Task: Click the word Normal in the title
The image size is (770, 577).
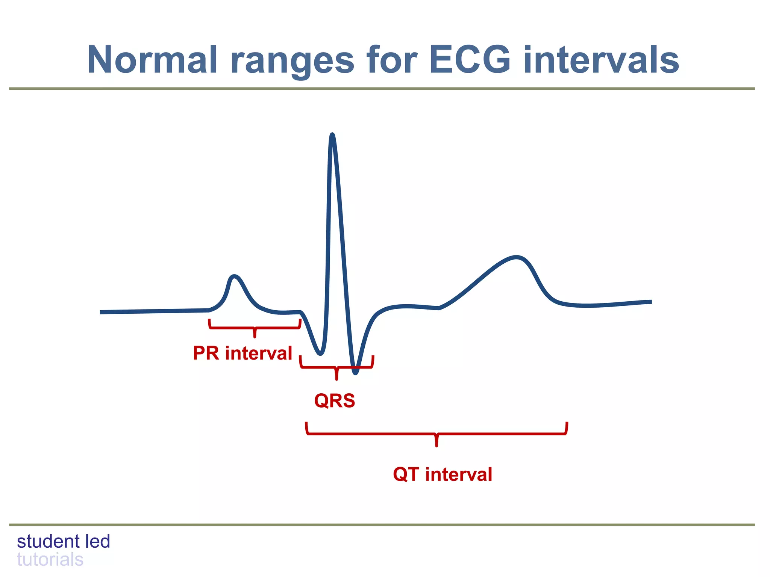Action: pos(152,60)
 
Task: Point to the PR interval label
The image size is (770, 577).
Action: pos(243,353)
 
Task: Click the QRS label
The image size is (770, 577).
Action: pos(335,400)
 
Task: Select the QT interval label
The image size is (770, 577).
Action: pos(443,474)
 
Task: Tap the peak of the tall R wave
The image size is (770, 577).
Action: pos(332,135)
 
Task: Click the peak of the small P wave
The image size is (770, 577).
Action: pos(234,277)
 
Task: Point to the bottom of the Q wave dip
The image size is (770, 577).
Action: pos(320,353)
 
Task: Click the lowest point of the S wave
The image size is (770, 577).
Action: pos(355,373)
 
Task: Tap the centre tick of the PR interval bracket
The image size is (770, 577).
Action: pos(255,334)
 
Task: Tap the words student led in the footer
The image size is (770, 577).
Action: pos(64,541)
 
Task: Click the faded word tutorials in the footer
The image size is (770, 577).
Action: pos(50,560)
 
